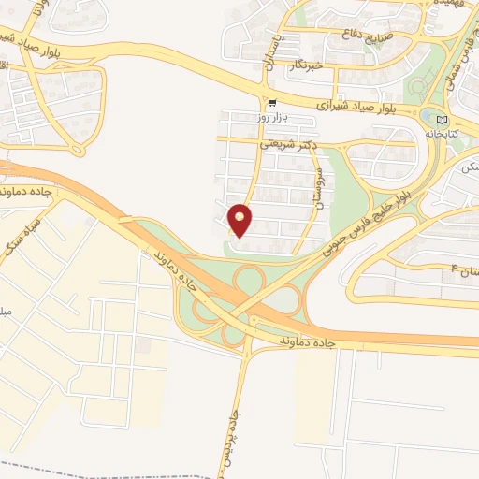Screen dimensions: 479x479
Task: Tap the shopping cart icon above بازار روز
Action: click(271, 103)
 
